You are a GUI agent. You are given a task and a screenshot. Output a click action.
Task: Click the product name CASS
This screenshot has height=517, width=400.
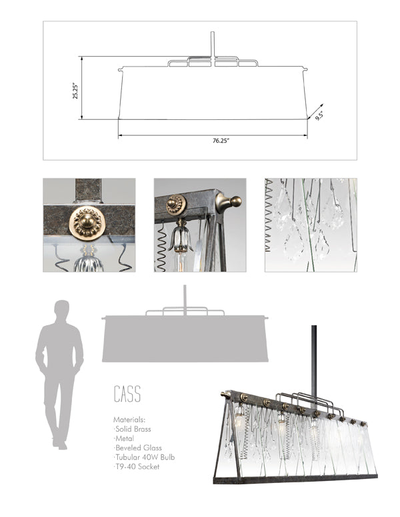(x=127, y=394)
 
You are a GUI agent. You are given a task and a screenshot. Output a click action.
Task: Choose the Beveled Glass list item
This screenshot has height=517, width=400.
(x=139, y=448)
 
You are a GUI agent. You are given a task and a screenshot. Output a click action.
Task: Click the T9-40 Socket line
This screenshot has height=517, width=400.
(x=137, y=467)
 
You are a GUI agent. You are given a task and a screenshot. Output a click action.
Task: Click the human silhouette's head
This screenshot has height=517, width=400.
(x=61, y=310)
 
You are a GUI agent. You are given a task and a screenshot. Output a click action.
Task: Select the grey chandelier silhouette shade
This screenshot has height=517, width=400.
(x=185, y=340)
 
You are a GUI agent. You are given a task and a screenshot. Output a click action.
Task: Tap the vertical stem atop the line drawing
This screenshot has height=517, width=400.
(x=212, y=45)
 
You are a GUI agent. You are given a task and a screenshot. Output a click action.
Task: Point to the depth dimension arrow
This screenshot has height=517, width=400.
(x=318, y=111)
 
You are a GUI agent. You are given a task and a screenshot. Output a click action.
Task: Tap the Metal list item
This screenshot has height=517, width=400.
(x=125, y=439)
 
